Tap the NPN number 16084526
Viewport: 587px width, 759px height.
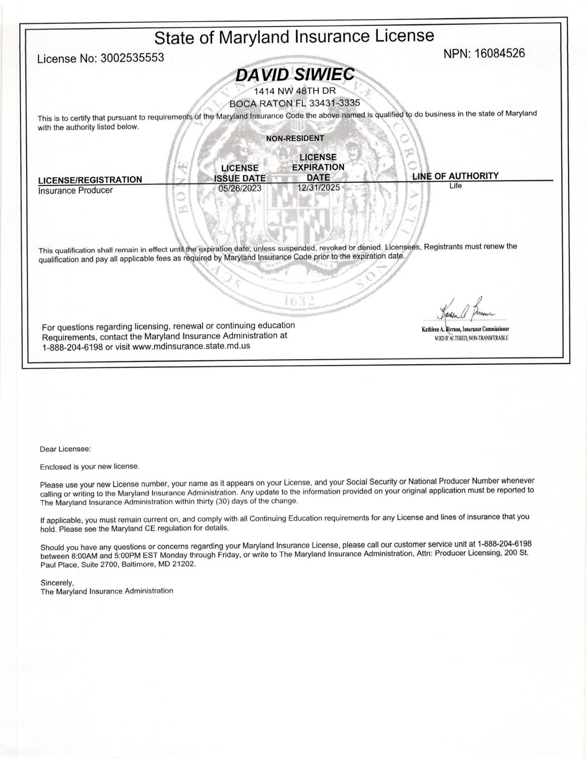[500, 54]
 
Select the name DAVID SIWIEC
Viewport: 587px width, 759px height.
[294, 75]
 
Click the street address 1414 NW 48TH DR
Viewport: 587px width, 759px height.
[295, 91]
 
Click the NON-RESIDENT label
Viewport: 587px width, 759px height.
[295, 139]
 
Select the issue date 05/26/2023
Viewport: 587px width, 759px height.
[240, 188]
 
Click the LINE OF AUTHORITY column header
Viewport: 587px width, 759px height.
[455, 176]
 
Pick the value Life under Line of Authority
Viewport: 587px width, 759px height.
[455, 186]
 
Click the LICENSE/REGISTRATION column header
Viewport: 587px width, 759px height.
[90, 180]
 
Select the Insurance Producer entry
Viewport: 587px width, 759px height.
[75, 191]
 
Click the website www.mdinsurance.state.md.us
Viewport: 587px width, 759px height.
[191, 346]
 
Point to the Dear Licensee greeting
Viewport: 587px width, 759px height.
[65, 449]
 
